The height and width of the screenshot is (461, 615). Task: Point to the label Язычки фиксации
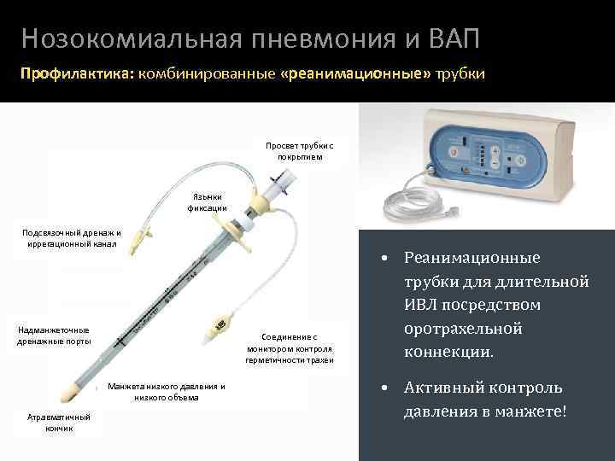point(208,201)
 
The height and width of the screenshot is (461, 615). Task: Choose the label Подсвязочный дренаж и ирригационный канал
point(71,238)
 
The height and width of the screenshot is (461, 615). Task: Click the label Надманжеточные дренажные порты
point(54,336)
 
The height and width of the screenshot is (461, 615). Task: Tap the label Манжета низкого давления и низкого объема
point(167,391)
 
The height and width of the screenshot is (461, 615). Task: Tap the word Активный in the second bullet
point(445,388)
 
